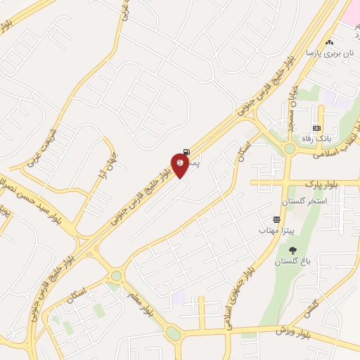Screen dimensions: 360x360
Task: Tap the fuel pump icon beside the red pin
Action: click(186, 152)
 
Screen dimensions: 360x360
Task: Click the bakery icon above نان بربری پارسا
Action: click(329, 42)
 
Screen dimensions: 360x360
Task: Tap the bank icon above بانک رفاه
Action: click(316, 127)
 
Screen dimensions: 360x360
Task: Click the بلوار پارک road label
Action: click(323, 184)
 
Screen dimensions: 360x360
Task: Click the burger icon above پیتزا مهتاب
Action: click(277, 220)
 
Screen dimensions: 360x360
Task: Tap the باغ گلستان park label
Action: click(292, 262)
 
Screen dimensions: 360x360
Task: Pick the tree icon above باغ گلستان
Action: click(292, 250)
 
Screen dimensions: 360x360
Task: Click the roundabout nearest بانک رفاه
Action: click(289, 148)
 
